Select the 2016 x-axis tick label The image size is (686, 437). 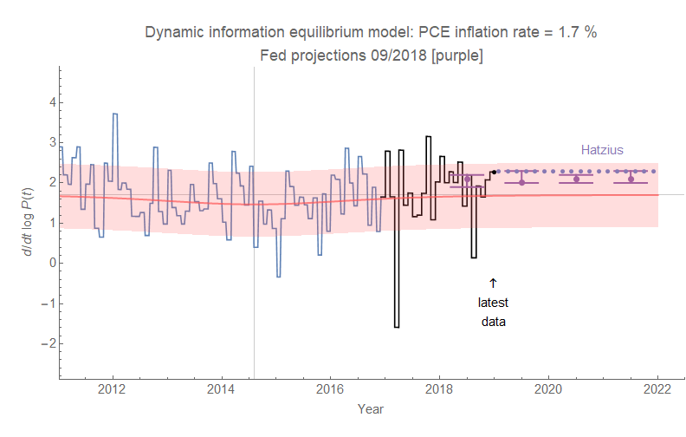click(331, 388)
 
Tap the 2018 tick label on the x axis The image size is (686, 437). click(440, 388)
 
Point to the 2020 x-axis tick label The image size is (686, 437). click(549, 388)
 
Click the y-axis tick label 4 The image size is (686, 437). click(51, 101)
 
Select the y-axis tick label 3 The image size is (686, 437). click(51, 141)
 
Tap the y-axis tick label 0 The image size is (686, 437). click(51, 263)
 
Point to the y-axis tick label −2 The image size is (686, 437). click(49, 343)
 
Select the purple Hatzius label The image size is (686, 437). click(601, 150)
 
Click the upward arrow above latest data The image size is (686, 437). click(493, 283)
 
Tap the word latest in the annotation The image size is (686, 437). click(493, 303)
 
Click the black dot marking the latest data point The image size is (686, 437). click(494, 172)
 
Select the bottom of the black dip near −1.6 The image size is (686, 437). click(397, 326)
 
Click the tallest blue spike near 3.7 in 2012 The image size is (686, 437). click(114, 114)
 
